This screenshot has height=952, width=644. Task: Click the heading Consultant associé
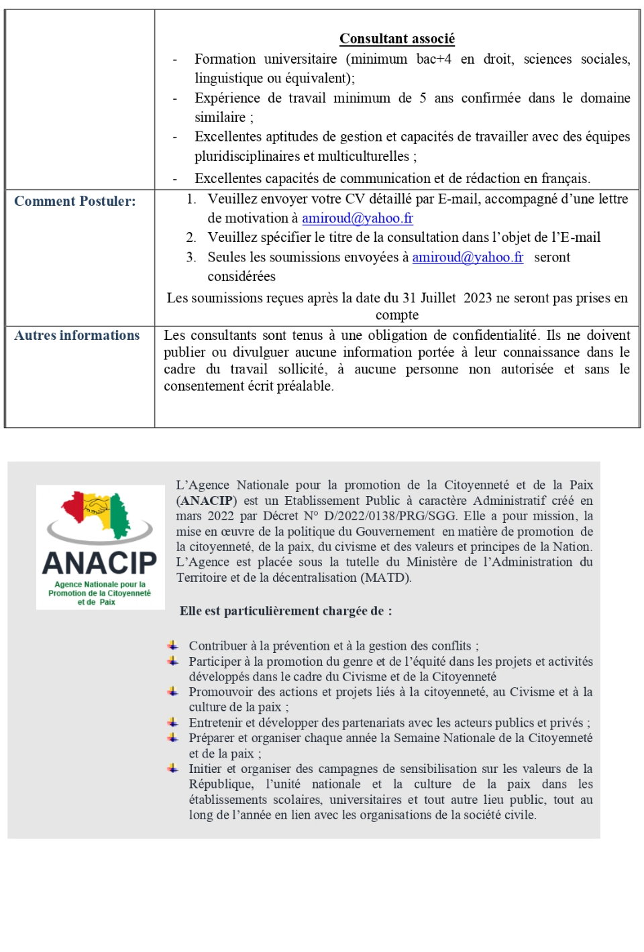pos(396,39)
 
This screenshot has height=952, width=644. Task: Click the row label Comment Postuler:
pos(74,201)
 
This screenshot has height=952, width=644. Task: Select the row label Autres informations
pos(76,335)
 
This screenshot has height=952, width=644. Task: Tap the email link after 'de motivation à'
pos(357,218)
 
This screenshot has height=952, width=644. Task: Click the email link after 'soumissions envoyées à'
pos(468,257)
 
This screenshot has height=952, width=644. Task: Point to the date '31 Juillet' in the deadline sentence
pos(429,298)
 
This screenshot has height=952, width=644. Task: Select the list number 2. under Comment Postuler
pos(191,237)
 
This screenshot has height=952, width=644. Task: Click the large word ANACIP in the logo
pos(100,563)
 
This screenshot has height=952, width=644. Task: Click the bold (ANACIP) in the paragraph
pos(207,501)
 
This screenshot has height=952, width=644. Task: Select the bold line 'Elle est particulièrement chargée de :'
pos(286,611)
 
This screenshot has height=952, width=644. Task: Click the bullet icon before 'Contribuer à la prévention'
pos(173,646)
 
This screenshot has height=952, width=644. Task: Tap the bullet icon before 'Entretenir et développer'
pos(173,723)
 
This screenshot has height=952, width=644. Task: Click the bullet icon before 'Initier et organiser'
pos(173,768)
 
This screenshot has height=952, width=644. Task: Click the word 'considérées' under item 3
pos(241,277)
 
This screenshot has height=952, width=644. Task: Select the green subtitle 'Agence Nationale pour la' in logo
pos(100,585)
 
